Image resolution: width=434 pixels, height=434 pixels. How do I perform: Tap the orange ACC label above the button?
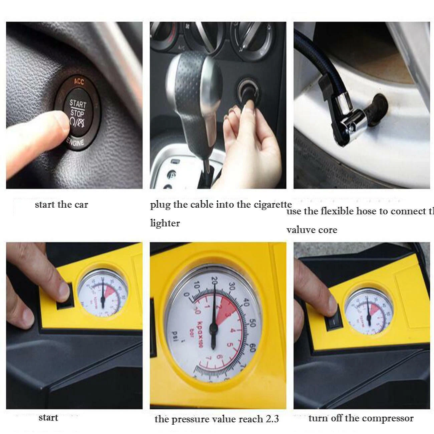coord(79,81)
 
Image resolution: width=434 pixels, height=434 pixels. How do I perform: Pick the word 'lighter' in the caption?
coord(165,223)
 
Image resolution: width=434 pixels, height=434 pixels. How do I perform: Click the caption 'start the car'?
coord(61,204)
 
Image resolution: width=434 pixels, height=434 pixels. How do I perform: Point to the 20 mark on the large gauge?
coord(214,280)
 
